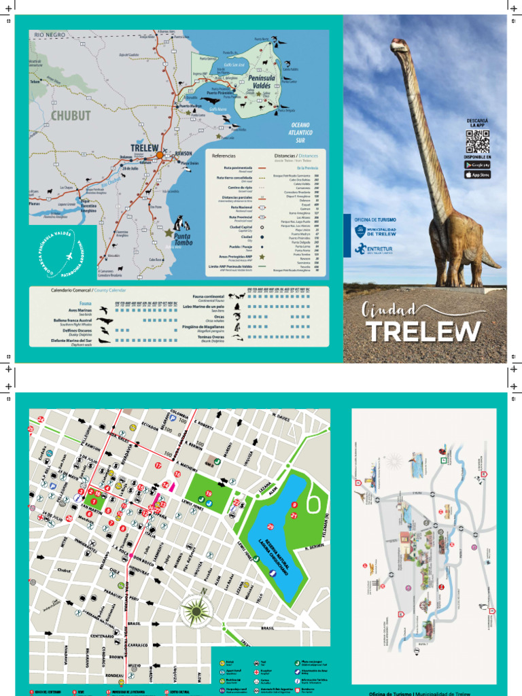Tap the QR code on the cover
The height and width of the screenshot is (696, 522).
click(477, 141)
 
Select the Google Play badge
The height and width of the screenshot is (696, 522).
click(477, 164)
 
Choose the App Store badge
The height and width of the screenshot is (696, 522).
click(477, 175)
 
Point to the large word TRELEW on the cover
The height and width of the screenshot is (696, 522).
click(424, 331)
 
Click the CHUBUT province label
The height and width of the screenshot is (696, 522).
click(70, 116)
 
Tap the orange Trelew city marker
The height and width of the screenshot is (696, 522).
click(160, 155)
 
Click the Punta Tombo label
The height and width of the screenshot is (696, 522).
click(183, 239)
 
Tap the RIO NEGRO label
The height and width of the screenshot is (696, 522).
click(50, 34)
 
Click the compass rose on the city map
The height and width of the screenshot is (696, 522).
click(196, 611)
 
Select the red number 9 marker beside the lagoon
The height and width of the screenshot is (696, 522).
click(294, 504)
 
